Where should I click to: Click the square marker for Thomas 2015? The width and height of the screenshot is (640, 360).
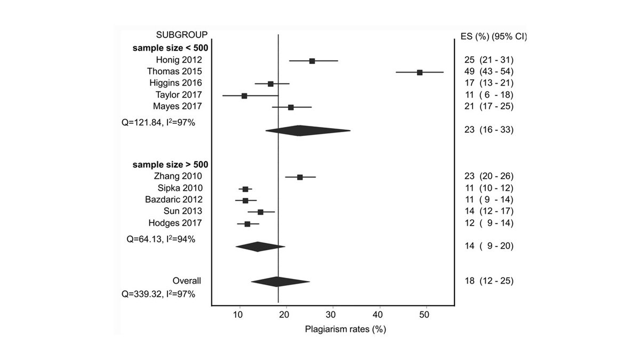420,72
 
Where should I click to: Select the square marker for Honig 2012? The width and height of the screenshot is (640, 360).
312,61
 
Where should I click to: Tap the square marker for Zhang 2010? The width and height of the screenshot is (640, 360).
300,177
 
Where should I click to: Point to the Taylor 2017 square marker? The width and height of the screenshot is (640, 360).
244,95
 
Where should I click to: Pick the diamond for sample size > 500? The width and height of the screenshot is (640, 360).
259,246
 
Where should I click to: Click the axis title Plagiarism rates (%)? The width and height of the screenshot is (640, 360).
345,329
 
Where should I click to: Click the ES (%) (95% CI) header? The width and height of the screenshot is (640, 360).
493,37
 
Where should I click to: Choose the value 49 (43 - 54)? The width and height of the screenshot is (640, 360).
489,71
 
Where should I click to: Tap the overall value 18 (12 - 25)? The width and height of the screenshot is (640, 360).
489,281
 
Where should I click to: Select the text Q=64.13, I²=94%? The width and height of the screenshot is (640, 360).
161,239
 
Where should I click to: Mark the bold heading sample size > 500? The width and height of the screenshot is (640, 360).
170,164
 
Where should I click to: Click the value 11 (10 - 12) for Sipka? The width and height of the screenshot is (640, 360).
489,188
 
